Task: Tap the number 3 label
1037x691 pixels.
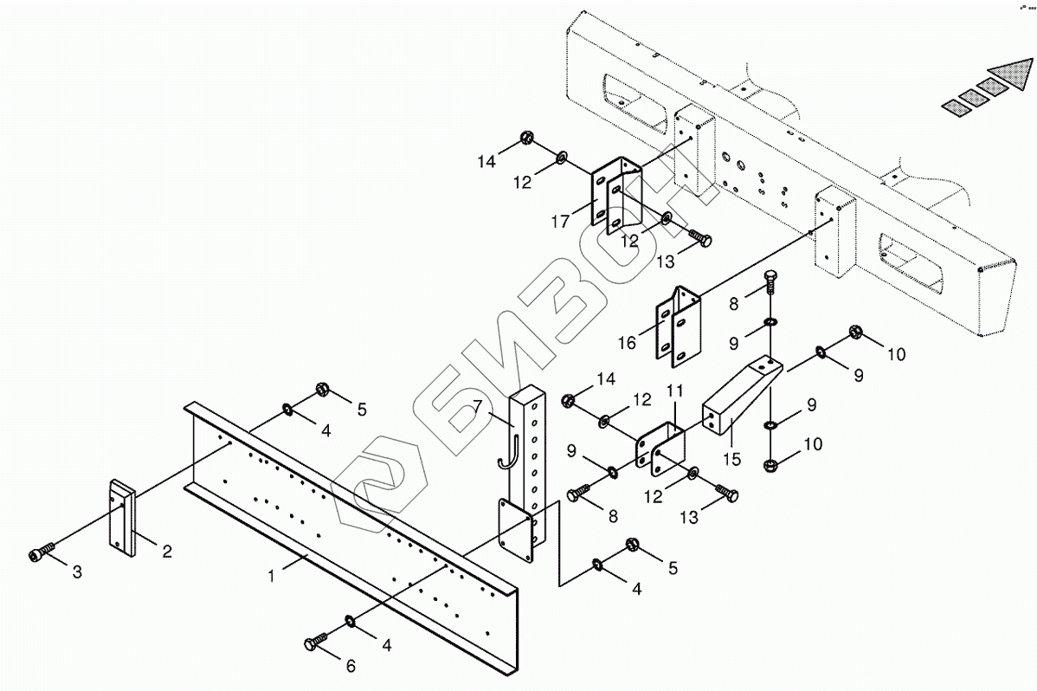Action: [x=78, y=572]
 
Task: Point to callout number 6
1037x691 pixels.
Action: [x=350, y=666]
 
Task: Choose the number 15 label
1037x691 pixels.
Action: [x=732, y=458]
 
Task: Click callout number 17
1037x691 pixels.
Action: [x=561, y=222]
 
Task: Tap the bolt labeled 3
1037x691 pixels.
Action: [x=43, y=552]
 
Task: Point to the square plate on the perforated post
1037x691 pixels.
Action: [x=517, y=530]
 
